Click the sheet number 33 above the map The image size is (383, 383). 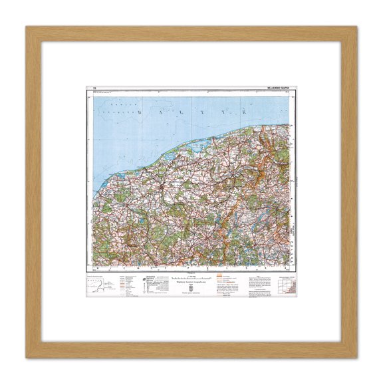[96, 87]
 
